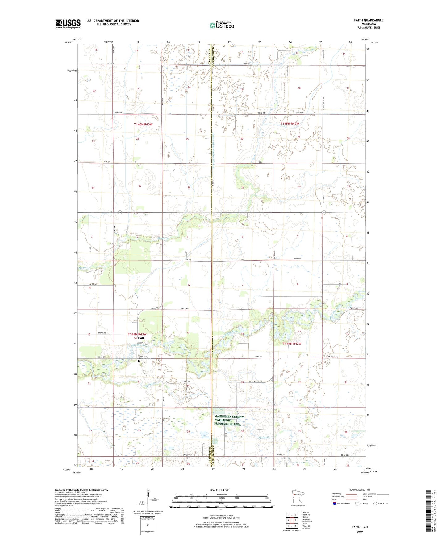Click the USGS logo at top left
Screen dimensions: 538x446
[x=68, y=24]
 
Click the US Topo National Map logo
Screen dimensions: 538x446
[x=222, y=25]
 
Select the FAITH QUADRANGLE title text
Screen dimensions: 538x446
[x=369, y=20]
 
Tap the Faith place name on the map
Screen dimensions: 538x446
[x=141, y=338]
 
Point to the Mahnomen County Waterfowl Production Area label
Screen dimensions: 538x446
[x=229, y=420]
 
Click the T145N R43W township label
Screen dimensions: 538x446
[x=143, y=124]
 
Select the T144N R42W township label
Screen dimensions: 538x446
[x=292, y=344]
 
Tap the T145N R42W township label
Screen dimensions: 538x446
[x=290, y=124]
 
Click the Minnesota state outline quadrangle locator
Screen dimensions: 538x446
[x=298, y=497]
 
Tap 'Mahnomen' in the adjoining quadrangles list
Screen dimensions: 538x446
[x=307, y=521]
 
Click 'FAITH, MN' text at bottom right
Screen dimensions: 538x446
[x=360, y=527]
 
